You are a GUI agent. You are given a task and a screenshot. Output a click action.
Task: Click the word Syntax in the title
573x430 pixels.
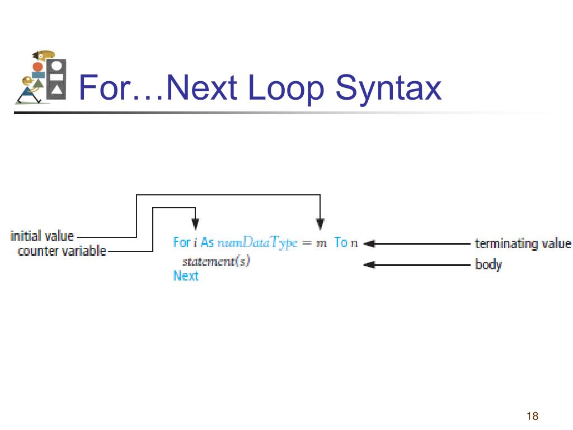click(x=388, y=88)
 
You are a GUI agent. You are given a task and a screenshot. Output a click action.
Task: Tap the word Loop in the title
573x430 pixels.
click(x=286, y=88)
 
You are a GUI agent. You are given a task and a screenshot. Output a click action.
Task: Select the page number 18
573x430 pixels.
click(x=533, y=416)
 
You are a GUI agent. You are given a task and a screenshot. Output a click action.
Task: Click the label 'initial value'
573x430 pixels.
click(x=42, y=236)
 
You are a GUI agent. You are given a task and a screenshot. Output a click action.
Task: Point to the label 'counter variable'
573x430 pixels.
click(x=62, y=251)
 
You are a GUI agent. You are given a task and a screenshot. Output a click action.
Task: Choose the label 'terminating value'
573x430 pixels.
click(x=523, y=244)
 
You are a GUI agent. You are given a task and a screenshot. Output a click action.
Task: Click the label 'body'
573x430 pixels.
click(x=488, y=264)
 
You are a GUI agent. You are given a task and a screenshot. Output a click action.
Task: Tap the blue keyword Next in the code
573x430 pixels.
click(x=186, y=275)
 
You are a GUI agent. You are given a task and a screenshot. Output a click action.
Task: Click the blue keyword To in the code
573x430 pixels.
click(x=341, y=242)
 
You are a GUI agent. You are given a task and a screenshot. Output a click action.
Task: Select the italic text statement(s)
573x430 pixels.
click(x=216, y=261)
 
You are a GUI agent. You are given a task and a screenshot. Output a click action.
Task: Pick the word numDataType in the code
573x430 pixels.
click(x=257, y=243)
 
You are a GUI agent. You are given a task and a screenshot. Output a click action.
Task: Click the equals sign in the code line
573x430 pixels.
click(x=307, y=243)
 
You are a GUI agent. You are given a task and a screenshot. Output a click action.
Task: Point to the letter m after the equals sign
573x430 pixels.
click(x=321, y=243)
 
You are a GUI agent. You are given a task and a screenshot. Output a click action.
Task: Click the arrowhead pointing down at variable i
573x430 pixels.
click(x=195, y=224)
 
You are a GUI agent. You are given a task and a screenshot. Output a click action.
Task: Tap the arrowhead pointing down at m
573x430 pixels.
click(x=320, y=224)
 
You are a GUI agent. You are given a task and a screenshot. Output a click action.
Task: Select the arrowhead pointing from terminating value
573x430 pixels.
click(x=369, y=244)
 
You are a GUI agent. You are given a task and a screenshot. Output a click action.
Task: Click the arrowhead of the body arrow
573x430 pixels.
click(x=369, y=265)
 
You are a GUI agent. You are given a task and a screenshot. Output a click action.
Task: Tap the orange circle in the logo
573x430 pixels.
click(x=37, y=67)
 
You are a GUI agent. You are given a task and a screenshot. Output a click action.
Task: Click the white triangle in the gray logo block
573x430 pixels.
click(x=57, y=89)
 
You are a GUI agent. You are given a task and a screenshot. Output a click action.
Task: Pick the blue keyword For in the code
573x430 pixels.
click(x=182, y=242)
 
